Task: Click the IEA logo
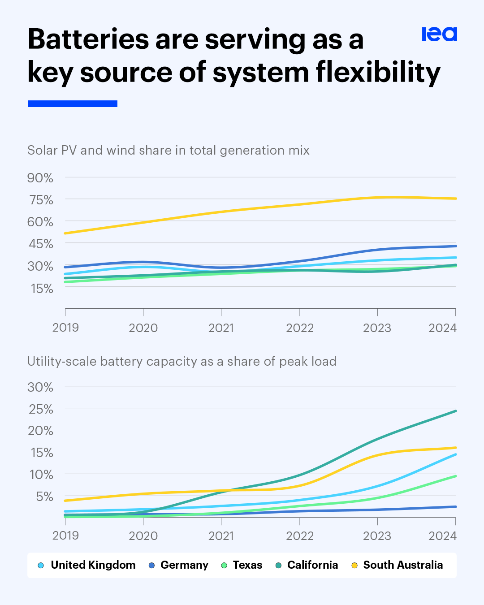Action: pos(439,34)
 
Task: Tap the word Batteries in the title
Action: pos(88,39)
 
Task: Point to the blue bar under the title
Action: pos(73,104)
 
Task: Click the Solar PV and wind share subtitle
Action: pos(168,150)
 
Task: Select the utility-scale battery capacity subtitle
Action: pos(181,361)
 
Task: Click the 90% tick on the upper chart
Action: pos(40,178)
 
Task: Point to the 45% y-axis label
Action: pos(40,244)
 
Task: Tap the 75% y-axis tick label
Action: pos(41,200)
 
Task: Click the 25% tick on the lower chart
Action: pos(41,409)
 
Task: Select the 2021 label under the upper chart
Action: pos(221,328)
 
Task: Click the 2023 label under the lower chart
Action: pos(377,536)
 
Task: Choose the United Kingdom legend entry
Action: pos(93,565)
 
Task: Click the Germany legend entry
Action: pos(184,565)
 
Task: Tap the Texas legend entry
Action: pos(247,565)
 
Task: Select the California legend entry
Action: pos(312,565)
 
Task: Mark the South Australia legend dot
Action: pos(354,566)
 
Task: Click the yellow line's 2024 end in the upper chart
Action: pos(455,199)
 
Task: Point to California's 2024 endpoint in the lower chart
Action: pos(455,411)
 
